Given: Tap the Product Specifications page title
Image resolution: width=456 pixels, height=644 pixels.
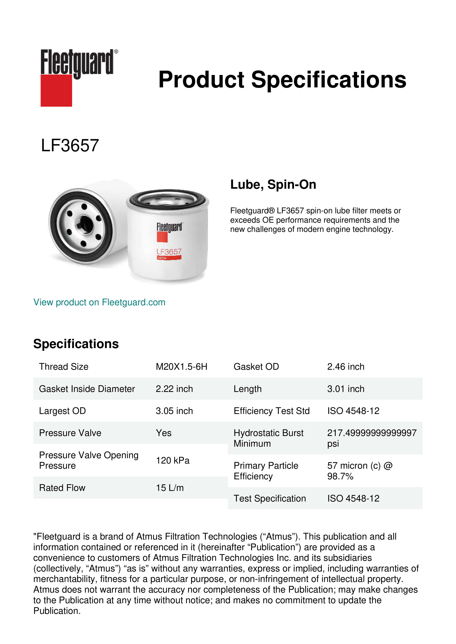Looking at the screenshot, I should coord(282,80).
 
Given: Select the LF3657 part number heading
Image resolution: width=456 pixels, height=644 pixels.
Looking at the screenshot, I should coord(70,146).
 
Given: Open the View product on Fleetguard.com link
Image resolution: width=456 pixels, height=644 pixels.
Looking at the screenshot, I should coord(99,302).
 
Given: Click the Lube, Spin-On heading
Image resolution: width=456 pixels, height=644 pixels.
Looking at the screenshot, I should coord(273,184).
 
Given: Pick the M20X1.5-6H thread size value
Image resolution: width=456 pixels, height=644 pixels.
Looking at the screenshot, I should coord(181,367).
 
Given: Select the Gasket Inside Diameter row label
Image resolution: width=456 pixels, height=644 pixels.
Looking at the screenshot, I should coord(87,389).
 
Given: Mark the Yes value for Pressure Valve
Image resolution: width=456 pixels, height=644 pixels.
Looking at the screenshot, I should coord(163,433).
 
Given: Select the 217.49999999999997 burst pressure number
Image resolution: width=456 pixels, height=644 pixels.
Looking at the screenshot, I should coord(371,433).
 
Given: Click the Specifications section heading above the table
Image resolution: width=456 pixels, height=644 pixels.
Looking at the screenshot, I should coord(76,344).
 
